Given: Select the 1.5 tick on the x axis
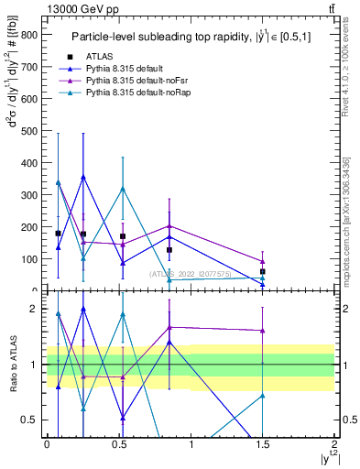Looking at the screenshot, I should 262,443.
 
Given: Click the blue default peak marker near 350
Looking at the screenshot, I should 83,177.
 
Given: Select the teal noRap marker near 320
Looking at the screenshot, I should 123,189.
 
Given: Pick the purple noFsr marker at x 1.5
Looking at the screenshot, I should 262,261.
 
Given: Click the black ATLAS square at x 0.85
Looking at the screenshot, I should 169,249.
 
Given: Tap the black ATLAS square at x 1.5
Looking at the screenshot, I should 262,271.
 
